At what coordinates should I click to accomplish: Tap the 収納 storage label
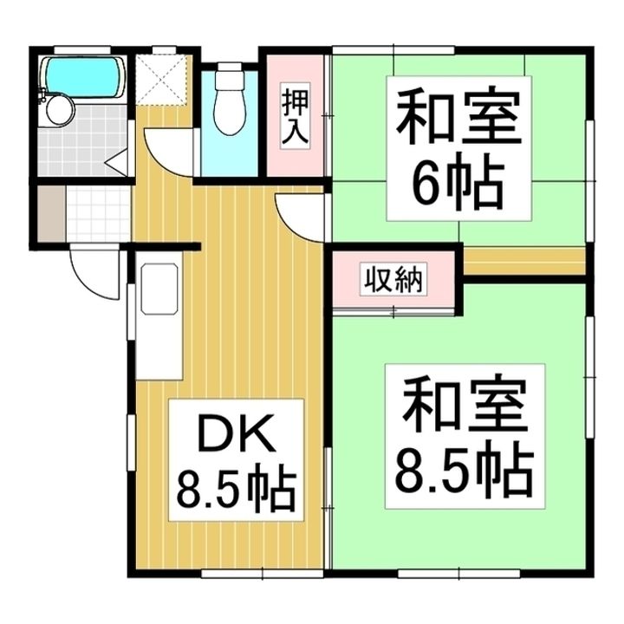394,281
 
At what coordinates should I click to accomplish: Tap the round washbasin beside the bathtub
60,110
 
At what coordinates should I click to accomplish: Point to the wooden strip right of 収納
523,261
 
